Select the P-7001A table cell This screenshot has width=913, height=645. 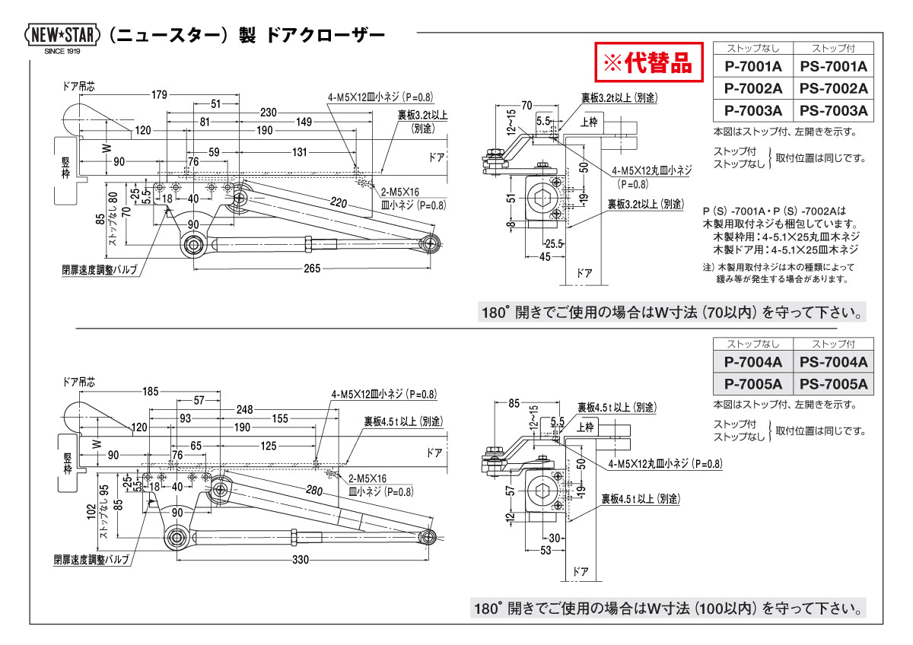point(752,66)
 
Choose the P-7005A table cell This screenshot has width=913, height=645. point(752,384)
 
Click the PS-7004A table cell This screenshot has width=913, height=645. point(833,363)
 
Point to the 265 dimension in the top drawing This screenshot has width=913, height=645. point(310,268)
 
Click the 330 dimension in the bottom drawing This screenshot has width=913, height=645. point(301,560)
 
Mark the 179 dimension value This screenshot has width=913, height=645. point(159,95)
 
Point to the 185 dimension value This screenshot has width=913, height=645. point(150,392)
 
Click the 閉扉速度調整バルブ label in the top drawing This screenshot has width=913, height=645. point(100,269)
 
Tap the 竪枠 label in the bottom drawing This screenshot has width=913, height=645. point(67,462)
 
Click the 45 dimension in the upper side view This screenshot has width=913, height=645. point(546,256)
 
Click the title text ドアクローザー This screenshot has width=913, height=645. point(326,35)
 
